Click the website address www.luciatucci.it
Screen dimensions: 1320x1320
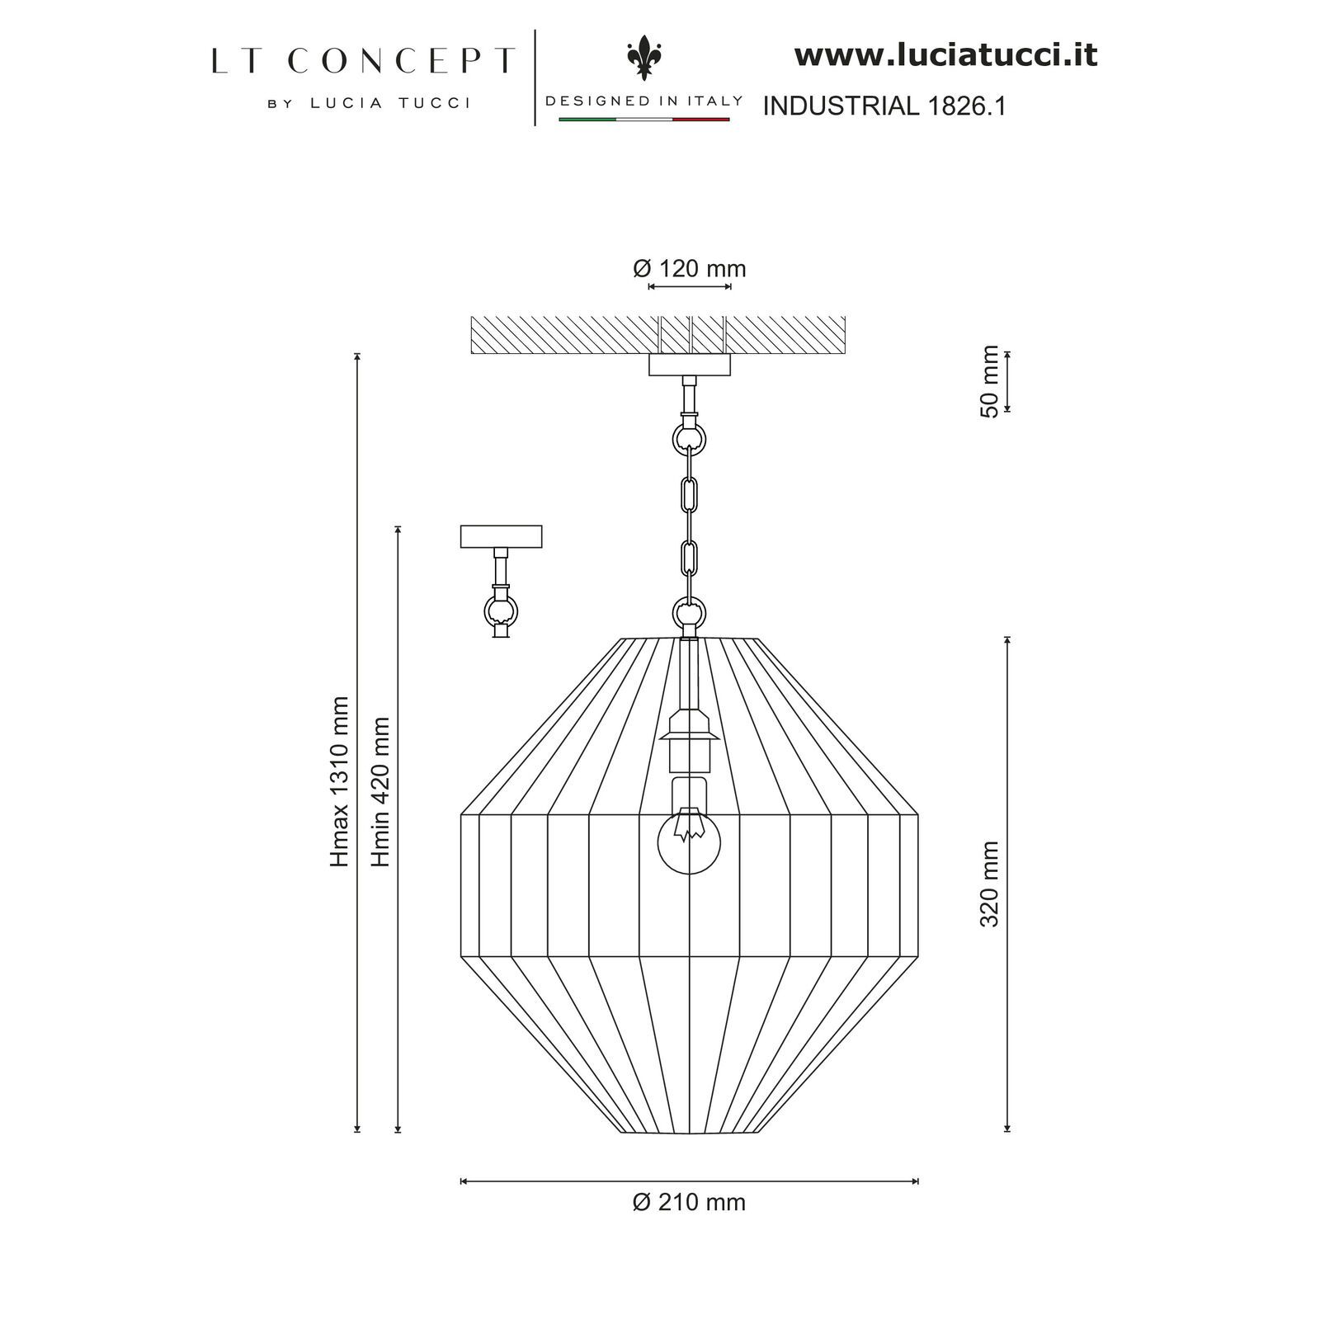pyautogui.click(x=945, y=56)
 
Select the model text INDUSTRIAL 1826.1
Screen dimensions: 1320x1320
pyautogui.click(x=884, y=106)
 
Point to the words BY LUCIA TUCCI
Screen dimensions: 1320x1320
pyautogui.click(x=369, y=103)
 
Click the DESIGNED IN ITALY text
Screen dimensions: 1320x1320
pyautogui.click(x=644, y=101)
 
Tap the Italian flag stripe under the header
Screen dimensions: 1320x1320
pyautogui.click(x=644, y=120)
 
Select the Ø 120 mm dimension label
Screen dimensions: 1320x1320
pyautogui.click(x=690, y=269)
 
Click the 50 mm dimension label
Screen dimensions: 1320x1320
pyautogui.click(x=990, y=381)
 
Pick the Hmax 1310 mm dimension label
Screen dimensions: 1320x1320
pyautogui.click(x=340, y=781)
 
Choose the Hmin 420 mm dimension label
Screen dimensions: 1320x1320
pyautogui.click(x=380, y=791)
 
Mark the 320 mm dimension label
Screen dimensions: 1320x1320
pyautogui.click(x=990, y=884)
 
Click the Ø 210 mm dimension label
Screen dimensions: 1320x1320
pyautogui.click(x=689, y=1202)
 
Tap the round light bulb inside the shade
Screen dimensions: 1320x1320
pyautogui.click(x=689, y=842)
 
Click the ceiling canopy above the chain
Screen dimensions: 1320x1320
pyautogui.click(x=690, y=365)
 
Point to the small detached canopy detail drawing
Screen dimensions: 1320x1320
pyautogui.click(x=501, y=536)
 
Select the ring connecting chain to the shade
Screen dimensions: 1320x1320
pyautogui.click(x=689, y=613)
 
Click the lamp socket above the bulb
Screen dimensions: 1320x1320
pyautogui.click(x=689, y=738)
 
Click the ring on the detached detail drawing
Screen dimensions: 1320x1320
pyautogui.click(x=501, y=611)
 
